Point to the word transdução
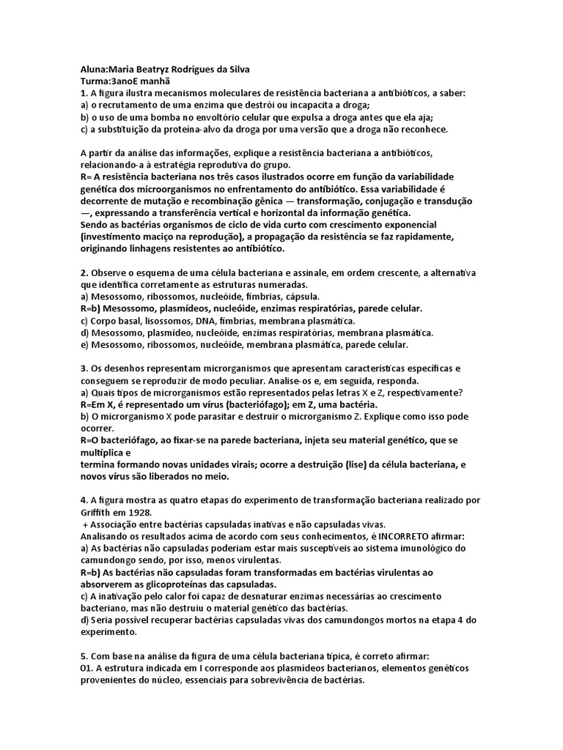click(445, 201)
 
